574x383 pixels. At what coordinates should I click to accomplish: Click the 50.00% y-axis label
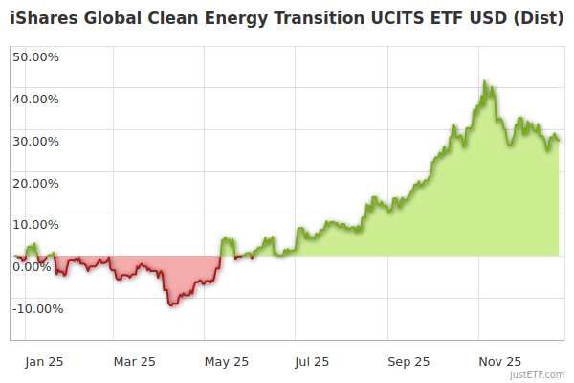tap(35, 56)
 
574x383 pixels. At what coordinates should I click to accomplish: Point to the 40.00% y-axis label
tap(35, 99)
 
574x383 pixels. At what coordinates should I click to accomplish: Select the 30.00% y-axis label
tap(35, 141)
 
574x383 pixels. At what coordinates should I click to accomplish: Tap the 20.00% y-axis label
tap(35, 183)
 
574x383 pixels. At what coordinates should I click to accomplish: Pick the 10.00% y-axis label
tap(35, 224)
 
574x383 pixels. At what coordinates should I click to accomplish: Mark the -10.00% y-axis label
tap(37, 308)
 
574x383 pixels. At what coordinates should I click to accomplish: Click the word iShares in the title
tap(42, 18)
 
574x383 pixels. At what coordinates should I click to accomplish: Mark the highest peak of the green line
tap(485, 81)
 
